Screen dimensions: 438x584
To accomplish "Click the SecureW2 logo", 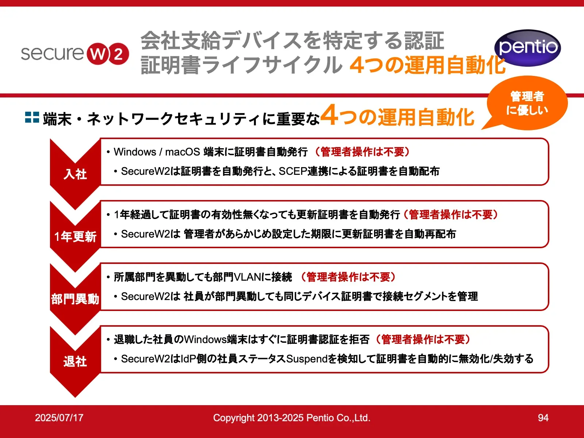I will point(75,53).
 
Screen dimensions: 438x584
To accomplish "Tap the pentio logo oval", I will point(527,48).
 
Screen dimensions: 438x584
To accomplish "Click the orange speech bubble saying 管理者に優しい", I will point(527,103).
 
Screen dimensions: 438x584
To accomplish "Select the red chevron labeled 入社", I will point(75,174).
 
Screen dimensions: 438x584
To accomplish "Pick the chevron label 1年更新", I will point(75,237).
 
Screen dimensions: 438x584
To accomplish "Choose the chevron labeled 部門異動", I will point(75,299).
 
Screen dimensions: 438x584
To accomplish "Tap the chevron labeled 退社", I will point(75,361).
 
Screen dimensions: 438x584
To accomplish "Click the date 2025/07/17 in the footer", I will point(59,418).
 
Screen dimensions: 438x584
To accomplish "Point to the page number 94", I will point(543,418).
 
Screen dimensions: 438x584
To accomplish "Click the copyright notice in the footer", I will point(292,418).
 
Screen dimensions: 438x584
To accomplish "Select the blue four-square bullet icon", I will point(32,117).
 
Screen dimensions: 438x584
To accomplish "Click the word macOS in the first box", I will point(182,152).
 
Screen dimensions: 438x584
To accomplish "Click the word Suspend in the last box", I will point(307,359).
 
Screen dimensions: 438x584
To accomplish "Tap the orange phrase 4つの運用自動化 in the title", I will point(427,65).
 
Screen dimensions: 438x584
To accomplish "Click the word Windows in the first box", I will point(135,152).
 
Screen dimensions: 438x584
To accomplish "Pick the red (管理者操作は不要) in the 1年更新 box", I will point(451,215).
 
